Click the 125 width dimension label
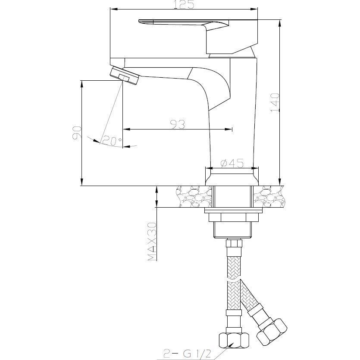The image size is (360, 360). point(184,5)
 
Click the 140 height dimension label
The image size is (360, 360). point(275,103)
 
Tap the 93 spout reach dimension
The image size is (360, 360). point(178,124)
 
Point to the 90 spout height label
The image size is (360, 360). point(77,133)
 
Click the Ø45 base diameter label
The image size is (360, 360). point(232,164)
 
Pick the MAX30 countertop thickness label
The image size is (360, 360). point(152,241)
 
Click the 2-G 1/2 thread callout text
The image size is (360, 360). point(187,353)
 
